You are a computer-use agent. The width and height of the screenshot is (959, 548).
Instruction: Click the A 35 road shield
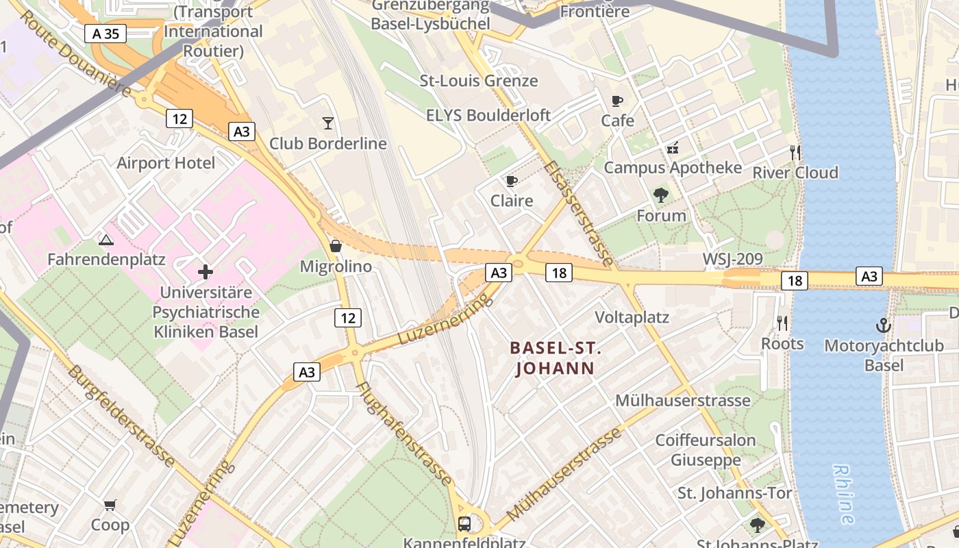click(x=106, y=34)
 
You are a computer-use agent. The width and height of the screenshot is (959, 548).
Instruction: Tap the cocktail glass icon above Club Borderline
click(x=328, y=123)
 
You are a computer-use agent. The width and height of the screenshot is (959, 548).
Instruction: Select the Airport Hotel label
click(x=166, y=163)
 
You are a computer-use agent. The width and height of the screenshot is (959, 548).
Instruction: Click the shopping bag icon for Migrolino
click(x=336, y=245)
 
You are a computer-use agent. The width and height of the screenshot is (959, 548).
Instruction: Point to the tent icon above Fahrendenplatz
click(x=105, y=240)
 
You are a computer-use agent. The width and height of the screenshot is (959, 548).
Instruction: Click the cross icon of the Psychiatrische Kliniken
click(x=206, y=273)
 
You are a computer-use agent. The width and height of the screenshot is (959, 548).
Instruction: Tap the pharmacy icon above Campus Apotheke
click(x=672, y=147)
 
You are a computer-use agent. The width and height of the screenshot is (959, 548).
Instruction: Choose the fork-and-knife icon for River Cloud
click(x=795, y=152)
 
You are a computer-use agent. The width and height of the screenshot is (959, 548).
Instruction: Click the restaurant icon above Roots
click(x=782, y=323)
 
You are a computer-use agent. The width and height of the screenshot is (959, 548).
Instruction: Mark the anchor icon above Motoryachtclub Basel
click(x=884, y=325)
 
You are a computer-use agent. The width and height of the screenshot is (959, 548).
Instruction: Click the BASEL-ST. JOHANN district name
click(x=556, y=358)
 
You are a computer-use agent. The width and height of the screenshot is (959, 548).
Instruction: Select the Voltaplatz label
click(x=632, y=318)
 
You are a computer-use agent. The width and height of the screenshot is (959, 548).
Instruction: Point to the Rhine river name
click(x=843, y=493)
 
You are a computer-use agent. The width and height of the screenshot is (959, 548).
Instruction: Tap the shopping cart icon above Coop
click(x=110, y=505)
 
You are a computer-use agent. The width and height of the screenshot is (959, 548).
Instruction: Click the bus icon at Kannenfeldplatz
click(x=464, y=524)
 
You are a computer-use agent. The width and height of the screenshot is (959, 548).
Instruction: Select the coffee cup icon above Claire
click(x=511, y=181)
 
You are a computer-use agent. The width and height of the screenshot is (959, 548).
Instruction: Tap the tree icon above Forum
click(x=660, y=195)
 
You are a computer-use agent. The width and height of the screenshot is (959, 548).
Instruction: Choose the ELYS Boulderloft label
click(x=488, y=115)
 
